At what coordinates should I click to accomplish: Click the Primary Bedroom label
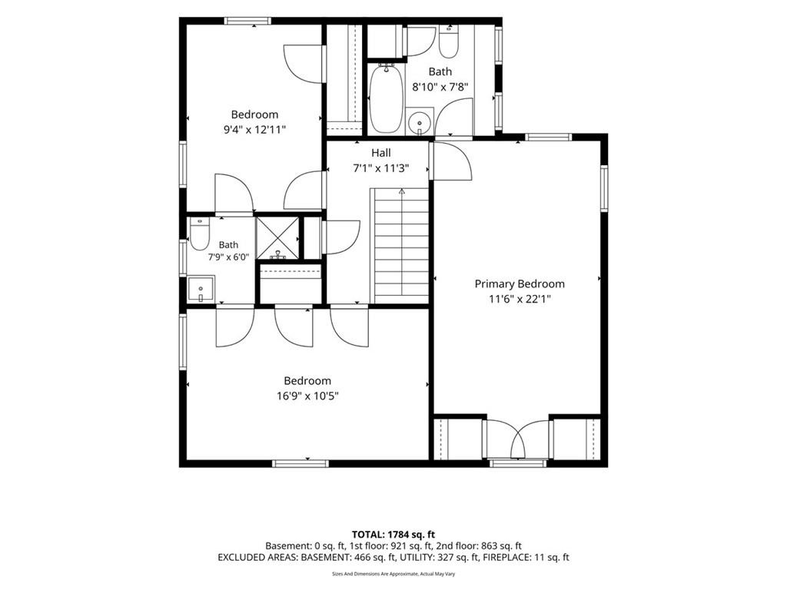[520, 284]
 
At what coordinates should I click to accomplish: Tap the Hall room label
[381, 153]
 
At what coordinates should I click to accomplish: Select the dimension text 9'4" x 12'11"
[254, 129]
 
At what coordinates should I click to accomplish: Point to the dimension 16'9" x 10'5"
[307, 396]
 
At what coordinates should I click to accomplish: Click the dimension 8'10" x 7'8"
[440, 86]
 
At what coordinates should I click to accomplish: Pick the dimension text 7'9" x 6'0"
[228, 257]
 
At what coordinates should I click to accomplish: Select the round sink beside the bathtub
[419, 121]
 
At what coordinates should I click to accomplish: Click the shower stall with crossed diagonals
[277, 238]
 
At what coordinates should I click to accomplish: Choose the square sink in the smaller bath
[201, 289]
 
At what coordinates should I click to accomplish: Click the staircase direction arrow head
[401, 191]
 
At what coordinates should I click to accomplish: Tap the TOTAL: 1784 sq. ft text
[393, 535]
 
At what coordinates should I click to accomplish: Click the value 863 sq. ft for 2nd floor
[501, 546]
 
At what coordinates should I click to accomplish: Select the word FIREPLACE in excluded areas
[505, 558]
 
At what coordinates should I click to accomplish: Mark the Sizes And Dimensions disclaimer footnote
[393, 574]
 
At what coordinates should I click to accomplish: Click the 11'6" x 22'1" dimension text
[520, 300]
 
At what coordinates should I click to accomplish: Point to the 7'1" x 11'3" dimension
[381, 168]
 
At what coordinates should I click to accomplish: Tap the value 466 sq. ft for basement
[374, 558]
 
